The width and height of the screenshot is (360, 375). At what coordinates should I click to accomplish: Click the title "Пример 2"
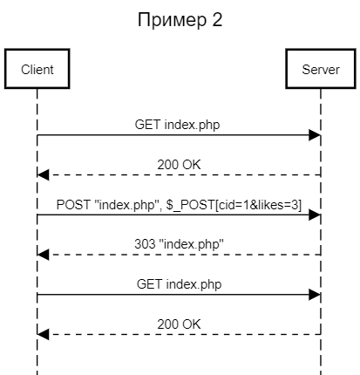coord(180,19)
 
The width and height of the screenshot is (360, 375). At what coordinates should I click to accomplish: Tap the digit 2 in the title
coord(217,19)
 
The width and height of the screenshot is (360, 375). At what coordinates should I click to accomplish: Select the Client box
coord(37,70)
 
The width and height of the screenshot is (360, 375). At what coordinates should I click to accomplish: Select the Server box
coord(321,70)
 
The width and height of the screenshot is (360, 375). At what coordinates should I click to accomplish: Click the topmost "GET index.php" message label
coord(179,125)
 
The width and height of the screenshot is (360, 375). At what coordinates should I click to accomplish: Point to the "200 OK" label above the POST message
coord(179,164)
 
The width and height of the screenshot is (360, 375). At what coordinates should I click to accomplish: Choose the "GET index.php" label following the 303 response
coord(179,284)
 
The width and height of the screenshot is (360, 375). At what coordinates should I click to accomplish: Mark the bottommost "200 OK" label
coord(179,324)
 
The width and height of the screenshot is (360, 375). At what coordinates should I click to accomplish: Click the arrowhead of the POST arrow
coord(315,215)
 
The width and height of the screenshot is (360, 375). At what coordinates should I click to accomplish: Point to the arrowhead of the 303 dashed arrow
coord(44,255)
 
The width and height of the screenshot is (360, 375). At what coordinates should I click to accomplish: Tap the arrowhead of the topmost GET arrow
coord(315,135)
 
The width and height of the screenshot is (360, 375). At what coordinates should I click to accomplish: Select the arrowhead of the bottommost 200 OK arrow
coord(44,335)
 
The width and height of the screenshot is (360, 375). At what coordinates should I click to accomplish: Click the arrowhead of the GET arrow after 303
coord(315,295)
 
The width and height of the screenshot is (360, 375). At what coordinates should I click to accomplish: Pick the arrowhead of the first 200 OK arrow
coord(44,174)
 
